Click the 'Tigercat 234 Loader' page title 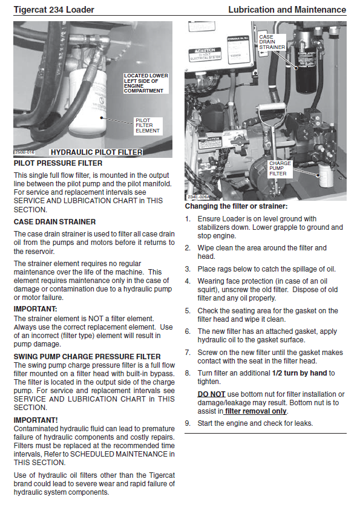[54, 10]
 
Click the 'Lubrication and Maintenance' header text [287, 10]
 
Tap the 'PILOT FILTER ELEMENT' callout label [148, 126]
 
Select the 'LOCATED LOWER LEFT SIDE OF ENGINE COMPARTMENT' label [146, 83]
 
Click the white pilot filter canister [88, 102]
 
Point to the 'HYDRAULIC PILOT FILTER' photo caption [96, 152]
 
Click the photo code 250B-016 [24, 152]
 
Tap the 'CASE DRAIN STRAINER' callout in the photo [272, 42]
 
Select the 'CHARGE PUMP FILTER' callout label [280, 169]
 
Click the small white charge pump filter [326, 175]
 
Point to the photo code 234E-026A [198, 197]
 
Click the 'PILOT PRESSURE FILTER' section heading [58, 163]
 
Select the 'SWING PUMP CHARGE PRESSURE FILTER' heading [87, 357]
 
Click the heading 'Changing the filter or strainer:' [236, 206]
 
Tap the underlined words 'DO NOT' [211, 394]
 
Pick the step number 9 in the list [188, 423]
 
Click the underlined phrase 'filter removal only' [255, 411]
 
